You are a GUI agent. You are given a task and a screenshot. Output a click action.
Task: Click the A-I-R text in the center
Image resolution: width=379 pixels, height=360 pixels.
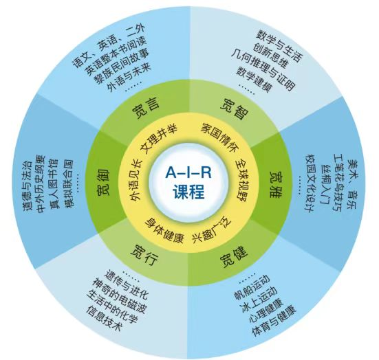click(188, 172)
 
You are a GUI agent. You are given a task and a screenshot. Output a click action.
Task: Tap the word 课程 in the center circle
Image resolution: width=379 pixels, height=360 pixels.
click(188, 192)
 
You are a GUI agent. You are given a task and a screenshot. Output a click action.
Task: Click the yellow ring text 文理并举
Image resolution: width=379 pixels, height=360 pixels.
click(159, 139)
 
